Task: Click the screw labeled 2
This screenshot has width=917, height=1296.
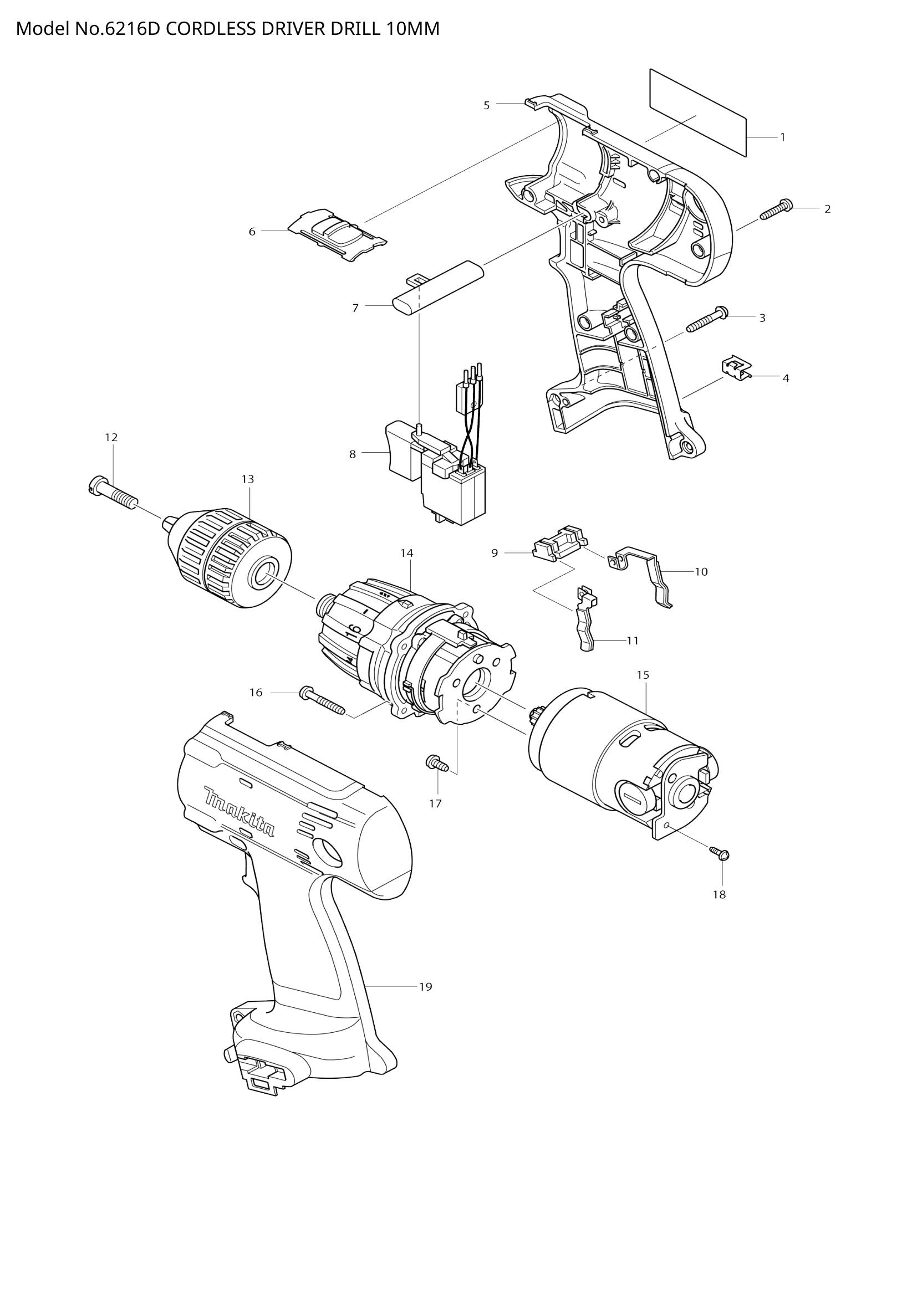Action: click(777, 209)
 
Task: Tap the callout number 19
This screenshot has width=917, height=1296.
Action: click(426, 987)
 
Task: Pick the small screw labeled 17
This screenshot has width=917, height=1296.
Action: click(437, 764)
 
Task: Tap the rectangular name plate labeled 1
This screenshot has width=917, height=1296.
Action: click(698, 113)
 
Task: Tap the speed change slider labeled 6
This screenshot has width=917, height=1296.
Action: click(337, 236)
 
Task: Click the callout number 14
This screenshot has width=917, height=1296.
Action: click(407, 553)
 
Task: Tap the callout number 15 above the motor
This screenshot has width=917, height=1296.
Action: click(643, 674)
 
